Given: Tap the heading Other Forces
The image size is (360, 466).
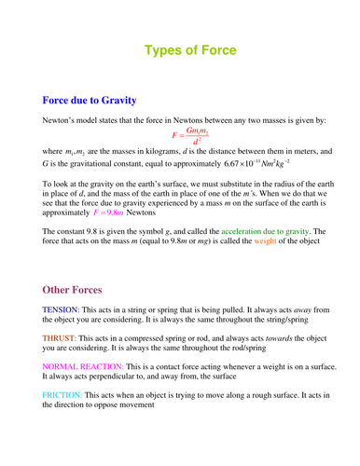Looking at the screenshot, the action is click(x=79, y=278).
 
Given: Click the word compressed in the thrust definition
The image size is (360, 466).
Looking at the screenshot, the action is click(x=146, y=337).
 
